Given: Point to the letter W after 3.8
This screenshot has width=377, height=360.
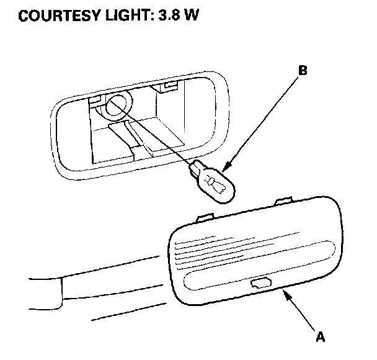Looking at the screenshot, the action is click(x=192, y=16).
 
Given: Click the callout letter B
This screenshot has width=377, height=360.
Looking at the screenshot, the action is click(x=303, y=70).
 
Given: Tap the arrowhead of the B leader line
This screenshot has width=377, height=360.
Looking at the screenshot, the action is click(x=224, y=169).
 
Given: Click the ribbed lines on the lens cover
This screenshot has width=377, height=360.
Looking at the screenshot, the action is click(x=205, y=248).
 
